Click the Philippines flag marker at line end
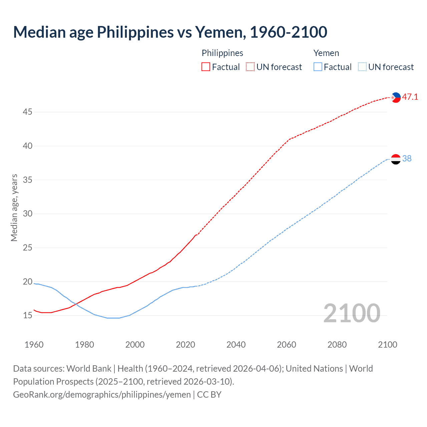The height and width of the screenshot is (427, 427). coord(396,97)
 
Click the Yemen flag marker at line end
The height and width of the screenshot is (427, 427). coord(396,159)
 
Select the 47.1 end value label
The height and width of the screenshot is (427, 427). coord(410,97)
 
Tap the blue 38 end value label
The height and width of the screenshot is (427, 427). coord(407,159)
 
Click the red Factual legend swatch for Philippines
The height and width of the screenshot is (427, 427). coord(206,67)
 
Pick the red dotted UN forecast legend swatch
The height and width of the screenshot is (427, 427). coord(250,67)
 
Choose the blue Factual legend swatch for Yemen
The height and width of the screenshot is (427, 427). coord(318,67)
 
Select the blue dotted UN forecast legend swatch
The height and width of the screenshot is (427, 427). coord(362,67)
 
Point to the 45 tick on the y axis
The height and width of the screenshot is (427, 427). coord(27,112)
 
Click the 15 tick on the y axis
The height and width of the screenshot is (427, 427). coord(27,316)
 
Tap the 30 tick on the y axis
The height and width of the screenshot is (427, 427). coord(27,214)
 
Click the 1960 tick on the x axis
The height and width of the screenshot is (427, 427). coord(34,345)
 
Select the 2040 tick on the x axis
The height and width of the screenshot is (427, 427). coord(236,345)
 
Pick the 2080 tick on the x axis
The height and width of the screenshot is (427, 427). coord(337,345)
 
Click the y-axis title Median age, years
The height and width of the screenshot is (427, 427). coord(14,207)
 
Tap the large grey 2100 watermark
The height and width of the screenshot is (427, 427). coord(352,313)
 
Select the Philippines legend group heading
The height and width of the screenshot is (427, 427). coord(222,53)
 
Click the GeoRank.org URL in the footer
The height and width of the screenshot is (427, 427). coord(102,395)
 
